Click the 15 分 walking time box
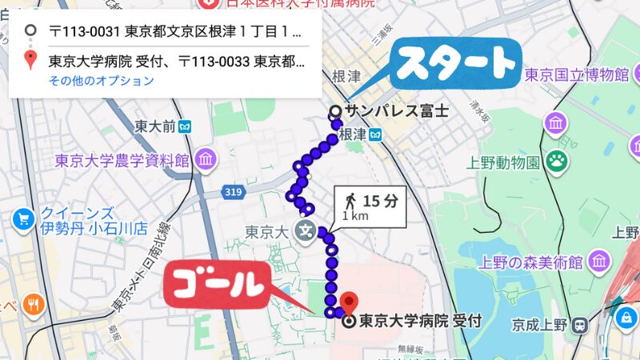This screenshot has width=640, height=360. (371, 207)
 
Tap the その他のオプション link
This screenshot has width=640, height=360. (102, 81)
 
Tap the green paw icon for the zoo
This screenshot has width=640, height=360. (556, 160)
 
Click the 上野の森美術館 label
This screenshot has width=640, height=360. (529, 262)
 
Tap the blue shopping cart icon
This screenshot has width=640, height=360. (22, 218)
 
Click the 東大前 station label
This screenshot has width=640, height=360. (154, 126)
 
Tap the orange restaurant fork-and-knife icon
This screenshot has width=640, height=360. (33, 304)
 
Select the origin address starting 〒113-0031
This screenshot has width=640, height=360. (174, 33)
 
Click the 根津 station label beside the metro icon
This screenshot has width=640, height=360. (353, 134)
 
